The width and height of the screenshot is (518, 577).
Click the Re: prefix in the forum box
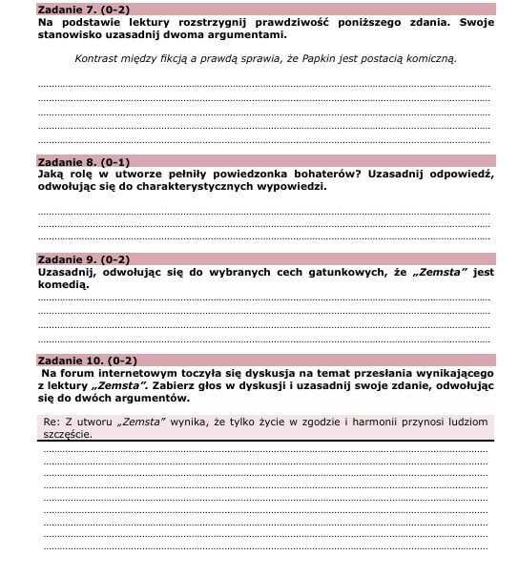[x=52, y=421]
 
